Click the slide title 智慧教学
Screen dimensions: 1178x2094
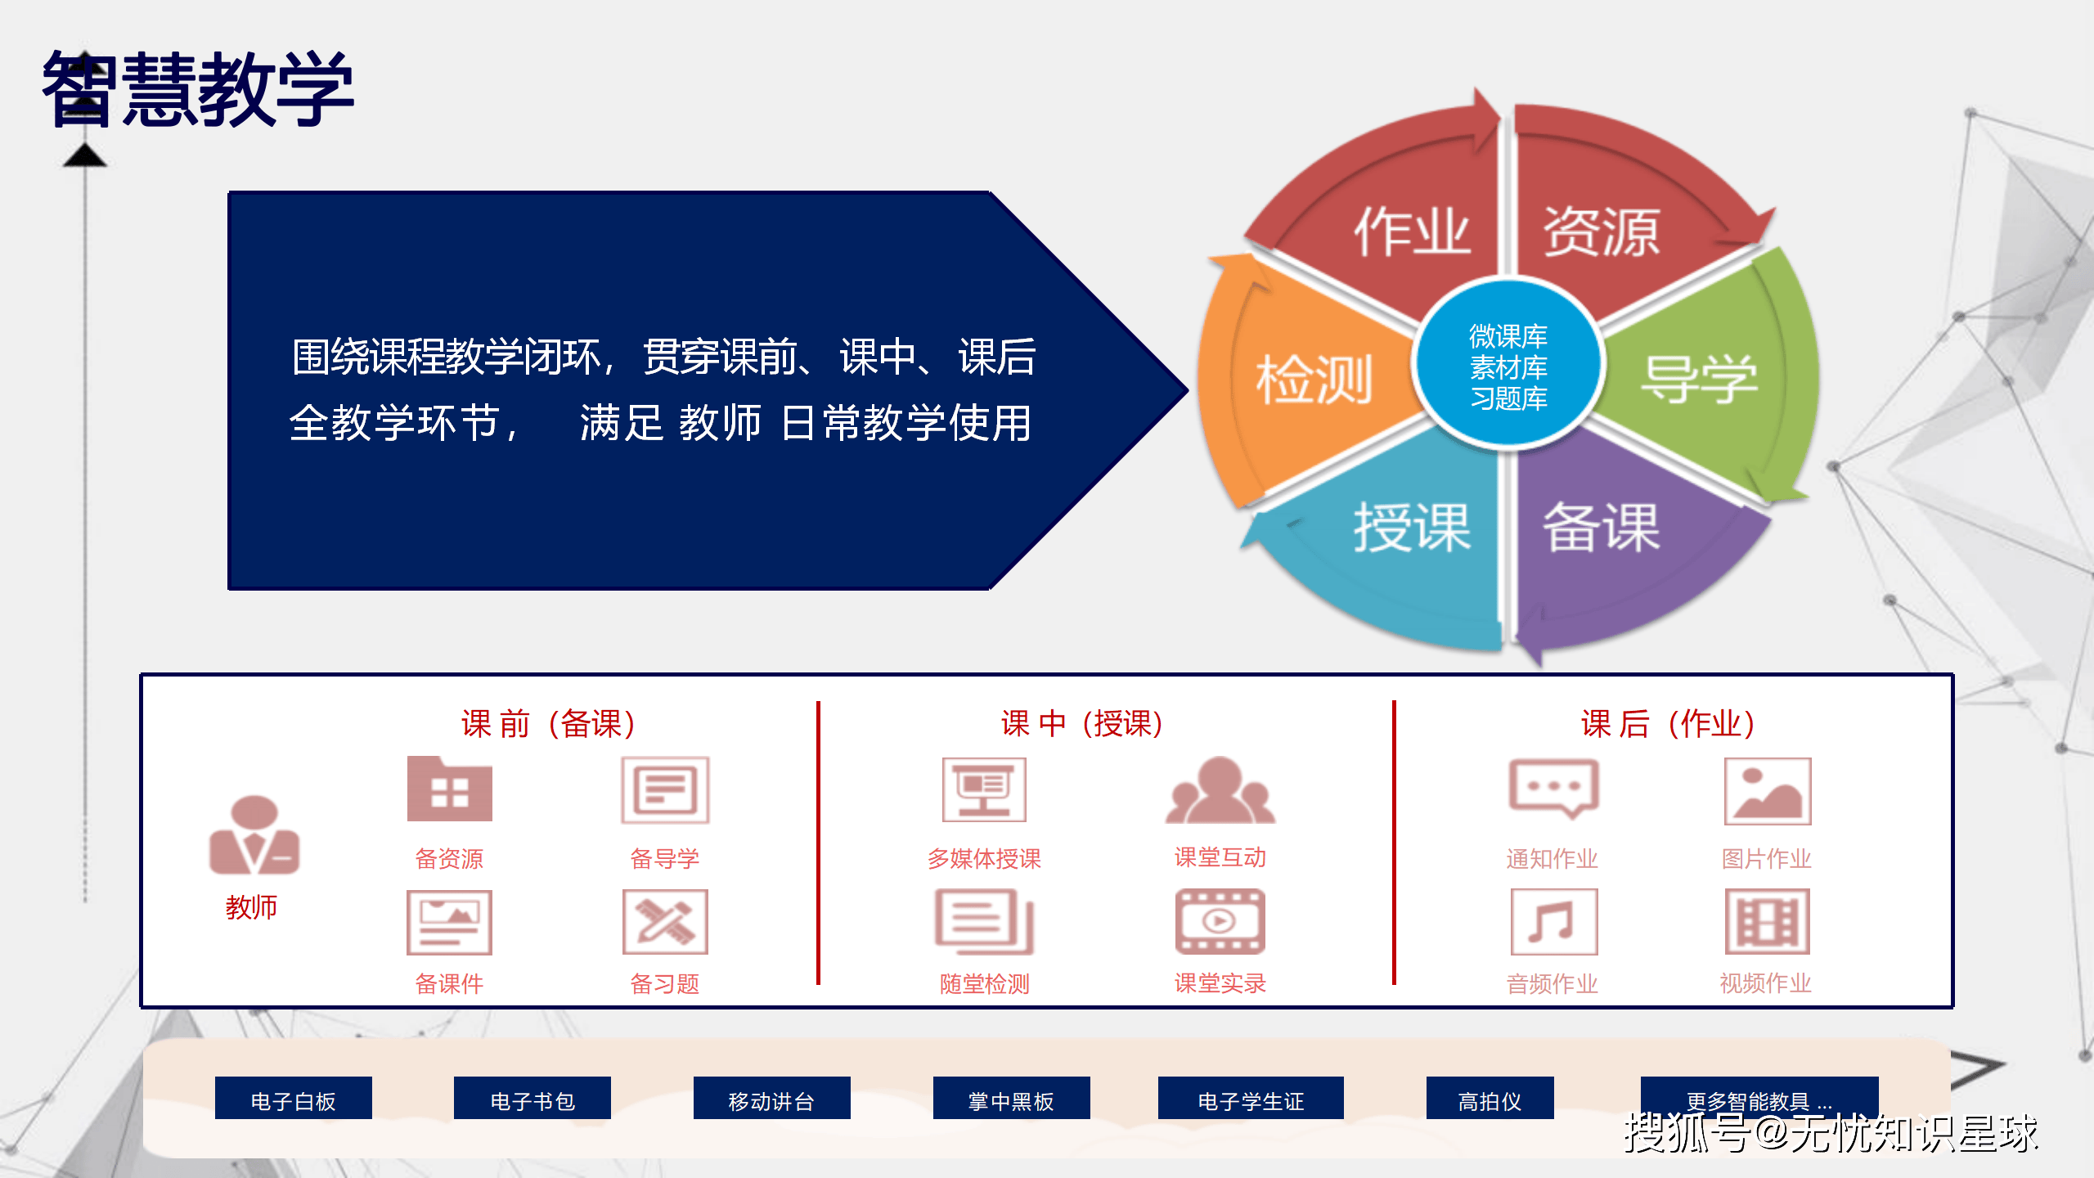click(x=197, y=88)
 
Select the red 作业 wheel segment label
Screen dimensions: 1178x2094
click(x=1412, y=232)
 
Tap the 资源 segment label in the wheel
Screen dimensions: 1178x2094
click(x=1601, y=232)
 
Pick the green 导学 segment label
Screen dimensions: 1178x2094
click(x=1699, y=379)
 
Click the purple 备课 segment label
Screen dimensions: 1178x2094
click(x=1601, y=528)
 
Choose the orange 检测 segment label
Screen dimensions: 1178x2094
click(x=1314, y=379)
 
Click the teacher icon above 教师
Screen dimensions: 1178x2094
click(x=254, y=835)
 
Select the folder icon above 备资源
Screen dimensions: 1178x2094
click(x=449, y=789)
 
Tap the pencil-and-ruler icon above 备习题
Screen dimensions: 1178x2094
click(x=665, y=922)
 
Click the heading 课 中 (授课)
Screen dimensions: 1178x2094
click(x=1081, y=723)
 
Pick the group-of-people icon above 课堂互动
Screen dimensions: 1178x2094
click(x=1220, y=790)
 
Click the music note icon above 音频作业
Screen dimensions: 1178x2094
click(x=1553, y=922)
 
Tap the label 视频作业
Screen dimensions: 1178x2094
click(x=1765, y=982)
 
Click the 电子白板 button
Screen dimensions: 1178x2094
click(x=293, y=1100)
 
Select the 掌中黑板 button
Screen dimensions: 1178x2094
click(x=1011, y=1100)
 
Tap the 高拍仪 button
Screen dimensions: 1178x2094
click(x=1490, y=1100)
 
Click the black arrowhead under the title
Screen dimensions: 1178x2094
click(x=85, y=155)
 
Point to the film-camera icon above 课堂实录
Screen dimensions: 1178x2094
click(x=1220, y=922)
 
